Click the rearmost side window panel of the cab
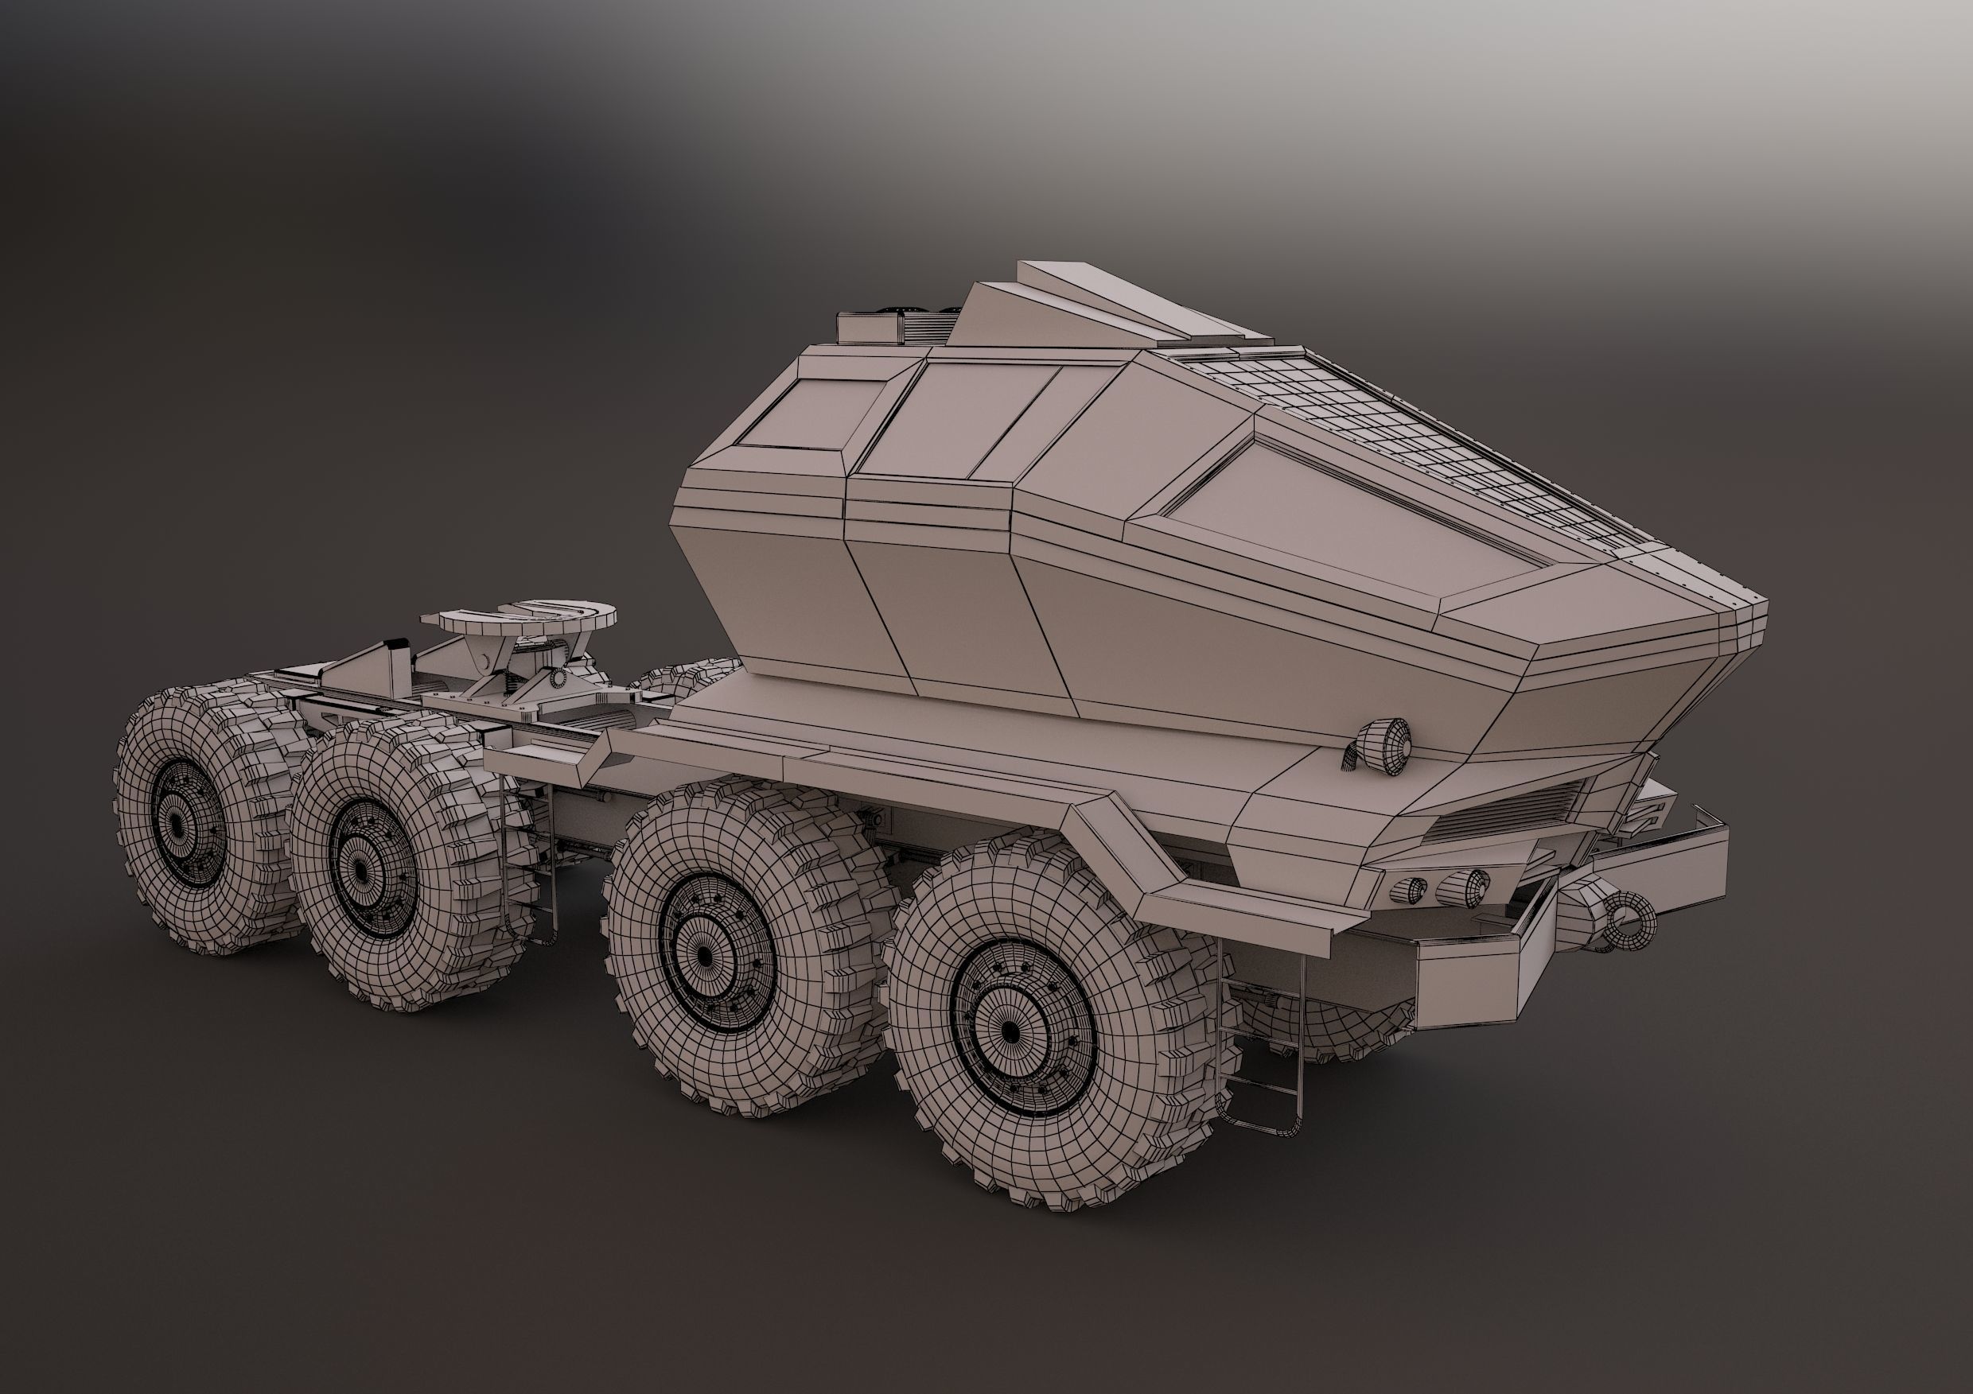click(804, 414)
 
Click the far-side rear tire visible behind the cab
click(687, 678)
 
